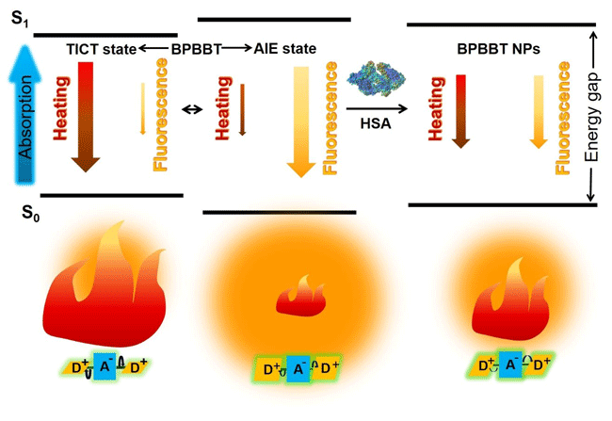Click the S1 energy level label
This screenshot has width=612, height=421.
pyautogui.click(x=19, y=18)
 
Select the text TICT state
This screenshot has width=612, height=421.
pyautogui.click(x=101, y=47)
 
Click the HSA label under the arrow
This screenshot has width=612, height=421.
pyautogui.click(x=376, y=122)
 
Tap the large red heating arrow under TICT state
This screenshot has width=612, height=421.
pyautogui.click(x=87, y=118)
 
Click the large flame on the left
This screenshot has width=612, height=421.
pyautogui.click(x=105, y=278)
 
